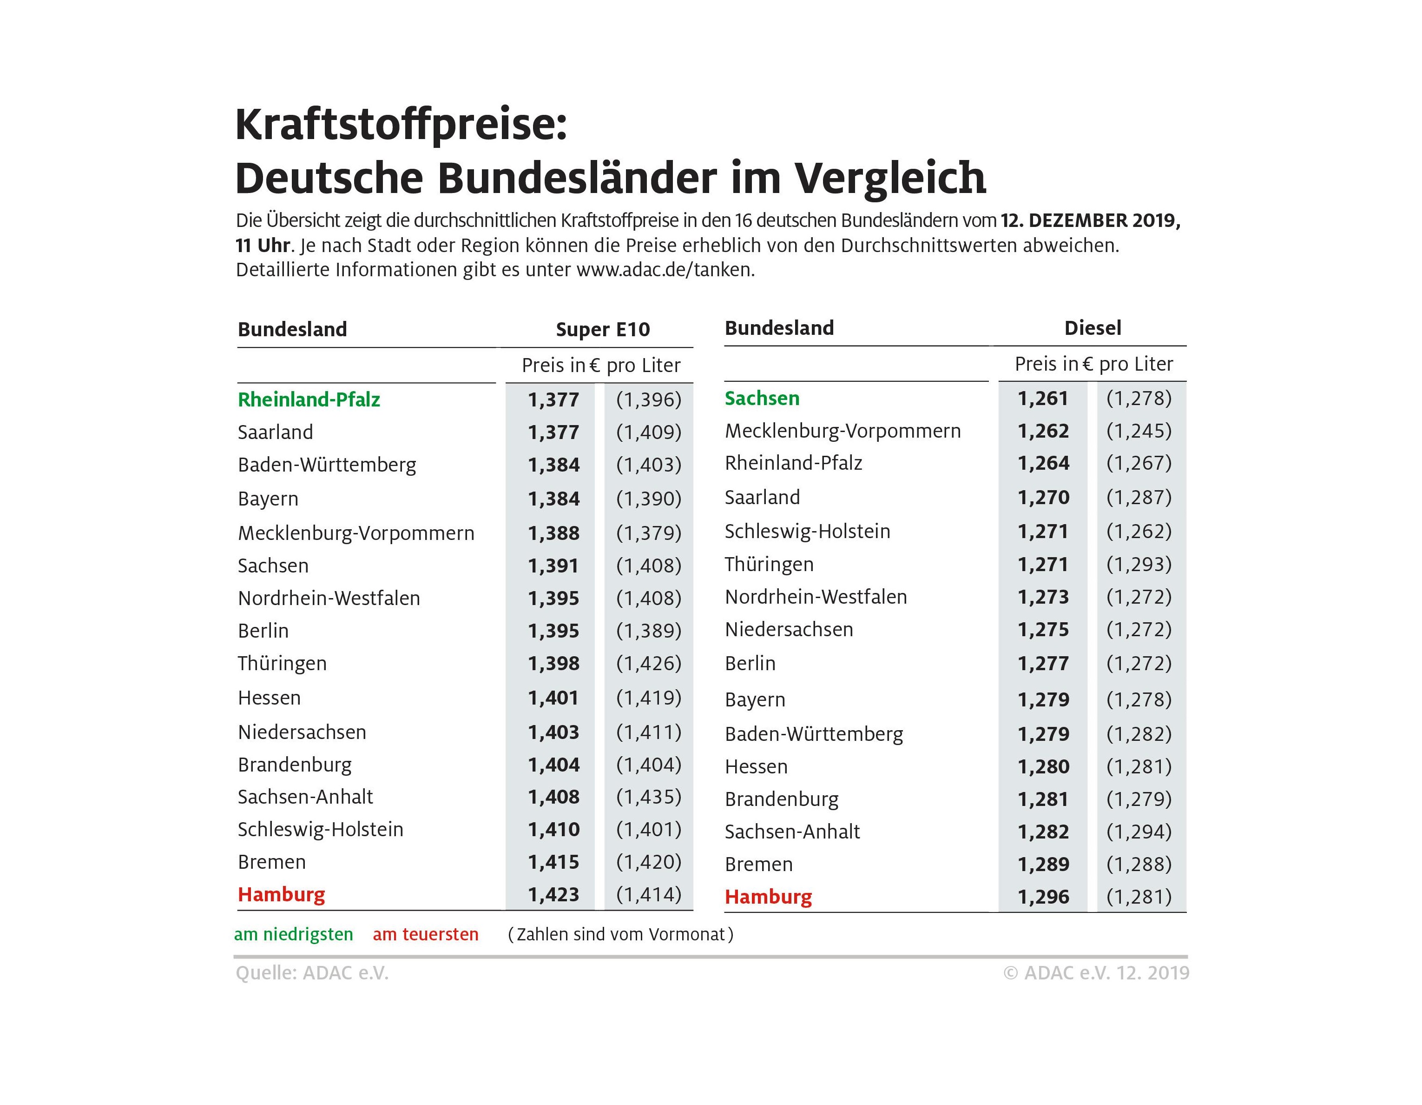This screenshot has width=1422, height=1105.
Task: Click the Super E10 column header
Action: click(x=602, y=330)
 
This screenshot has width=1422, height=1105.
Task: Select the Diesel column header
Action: click(x=1092, y=328)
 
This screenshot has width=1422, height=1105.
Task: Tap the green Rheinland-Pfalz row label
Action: click(x=309, y=399)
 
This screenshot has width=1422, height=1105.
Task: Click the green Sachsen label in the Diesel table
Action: click(x=762, y=398)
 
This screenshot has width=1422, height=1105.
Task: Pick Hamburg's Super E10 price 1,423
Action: click(x=553, y=894)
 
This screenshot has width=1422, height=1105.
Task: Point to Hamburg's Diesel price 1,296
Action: click(x=1043, y=897)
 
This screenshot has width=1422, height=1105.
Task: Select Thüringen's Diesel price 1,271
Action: click(x=1043, y=564)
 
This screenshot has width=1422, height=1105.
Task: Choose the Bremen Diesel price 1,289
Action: click(x=1043, y=864)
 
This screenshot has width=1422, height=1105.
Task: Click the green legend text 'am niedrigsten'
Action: click(x=293, y=934)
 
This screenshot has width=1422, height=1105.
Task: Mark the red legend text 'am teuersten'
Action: click(x=425, y=934)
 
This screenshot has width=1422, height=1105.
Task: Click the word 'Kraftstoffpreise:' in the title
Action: click(x=401, y=125)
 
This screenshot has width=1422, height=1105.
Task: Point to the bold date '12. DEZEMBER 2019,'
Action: click(x=1091, y=220)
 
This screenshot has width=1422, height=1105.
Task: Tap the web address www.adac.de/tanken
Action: click(x=665, y=270)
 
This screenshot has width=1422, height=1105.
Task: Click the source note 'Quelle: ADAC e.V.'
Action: click(x=312, y=973)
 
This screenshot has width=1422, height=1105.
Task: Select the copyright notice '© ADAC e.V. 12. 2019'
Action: click(x=1096, y=973)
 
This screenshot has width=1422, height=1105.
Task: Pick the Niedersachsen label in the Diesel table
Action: click(x=789, y=629)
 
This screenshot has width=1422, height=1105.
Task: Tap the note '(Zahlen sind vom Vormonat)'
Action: click(x=620, y=934)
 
